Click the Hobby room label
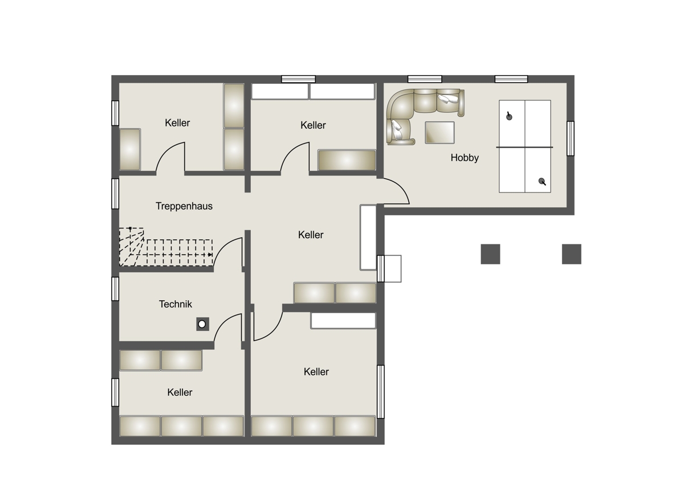tap(465, 158)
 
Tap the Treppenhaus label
tap(184, 206)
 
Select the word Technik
tap(176, 304)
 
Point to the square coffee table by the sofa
tap(439, 132)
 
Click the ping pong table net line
tap(524, 147)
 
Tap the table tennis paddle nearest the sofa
tap(508, 116)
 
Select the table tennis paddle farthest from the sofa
tap(542, 182)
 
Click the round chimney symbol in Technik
tap(202, 324)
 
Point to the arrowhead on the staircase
tap(210, 255)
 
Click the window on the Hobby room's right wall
tap(571, 138)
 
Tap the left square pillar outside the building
tap(490, 254)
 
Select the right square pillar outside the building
tap(572, 254)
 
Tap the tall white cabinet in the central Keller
tap(368, 238)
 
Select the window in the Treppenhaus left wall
tap(115, 194)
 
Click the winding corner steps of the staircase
tap(131, 247)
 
